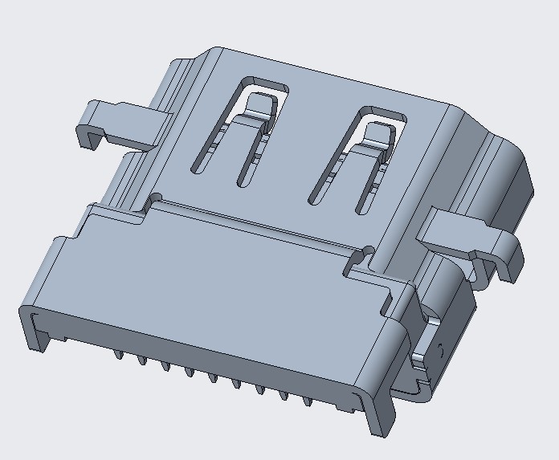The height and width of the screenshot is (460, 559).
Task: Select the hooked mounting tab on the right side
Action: tap(466, 233)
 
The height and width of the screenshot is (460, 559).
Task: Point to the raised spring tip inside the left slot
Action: tap(259, 104)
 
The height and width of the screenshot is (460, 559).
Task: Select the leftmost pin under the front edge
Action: tap(118, 352)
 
